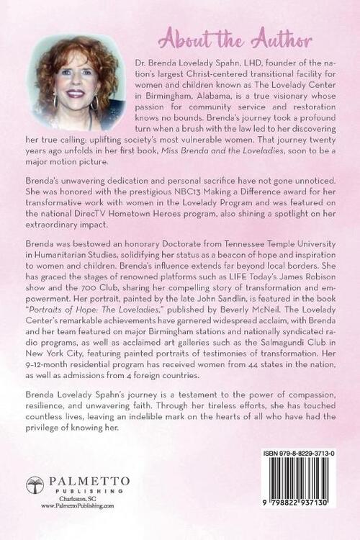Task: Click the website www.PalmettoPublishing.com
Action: click(78, 506)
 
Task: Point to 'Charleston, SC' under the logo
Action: click(78, 499)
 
